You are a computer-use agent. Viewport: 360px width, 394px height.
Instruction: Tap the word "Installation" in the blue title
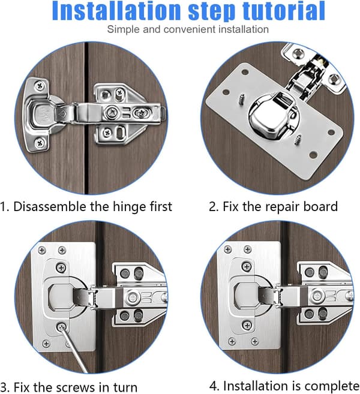(x=116, y=11)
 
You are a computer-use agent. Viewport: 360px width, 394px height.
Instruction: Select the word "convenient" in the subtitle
(x=190, y=29)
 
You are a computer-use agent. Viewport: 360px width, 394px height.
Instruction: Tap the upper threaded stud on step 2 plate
(x=242, y=99)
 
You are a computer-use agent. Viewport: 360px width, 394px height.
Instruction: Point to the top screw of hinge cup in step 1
(x=40, y=86)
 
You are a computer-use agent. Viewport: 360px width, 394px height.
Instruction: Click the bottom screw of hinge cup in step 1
(x=40, y=143)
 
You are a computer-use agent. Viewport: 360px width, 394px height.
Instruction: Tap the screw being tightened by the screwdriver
(x=61, y=327)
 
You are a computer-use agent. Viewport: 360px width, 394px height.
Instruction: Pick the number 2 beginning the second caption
(x=212, y=207)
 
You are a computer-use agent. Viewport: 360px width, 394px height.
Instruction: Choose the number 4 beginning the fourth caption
(x=213, y=386)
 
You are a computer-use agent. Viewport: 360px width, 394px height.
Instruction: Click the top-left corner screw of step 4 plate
(x=228, y=249)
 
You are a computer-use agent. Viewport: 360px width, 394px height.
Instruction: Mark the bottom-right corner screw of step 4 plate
(x=255, y=341)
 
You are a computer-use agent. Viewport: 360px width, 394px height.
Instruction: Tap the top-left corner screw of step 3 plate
(x=42, y=250)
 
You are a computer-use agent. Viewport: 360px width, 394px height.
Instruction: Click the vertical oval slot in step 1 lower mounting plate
(x=121, y=131)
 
